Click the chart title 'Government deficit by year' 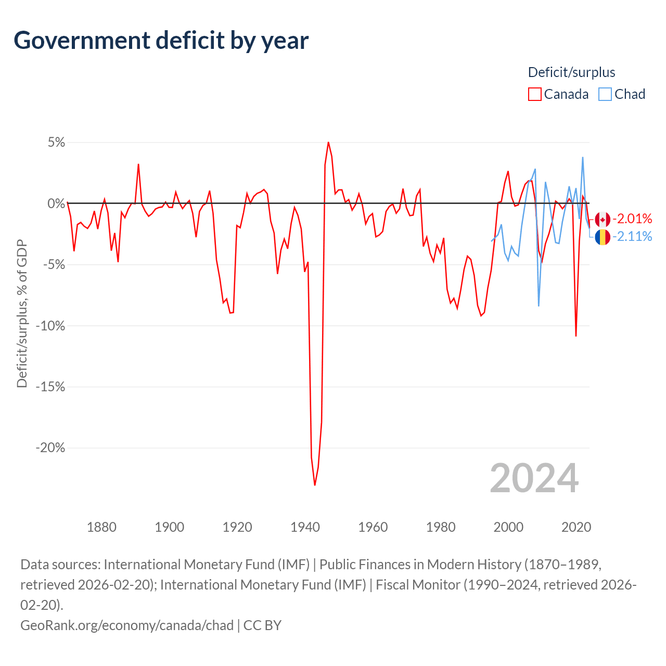[161, 41]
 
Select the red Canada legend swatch [534, 94]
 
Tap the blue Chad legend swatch [605, 94]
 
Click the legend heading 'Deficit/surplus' [571, 72]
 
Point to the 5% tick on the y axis [56, 143]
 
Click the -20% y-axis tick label [50, 448]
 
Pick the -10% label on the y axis [50, 326]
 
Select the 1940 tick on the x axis [305, 527]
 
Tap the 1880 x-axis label [101, 527]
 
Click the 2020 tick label [576, 527]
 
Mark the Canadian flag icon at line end [603, 220]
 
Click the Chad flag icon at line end [603, 237]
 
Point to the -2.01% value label [632, 219]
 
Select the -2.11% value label [632, 237]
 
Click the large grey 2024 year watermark [534, 478]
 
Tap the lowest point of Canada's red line [315, 485]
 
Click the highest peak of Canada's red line [328, 142]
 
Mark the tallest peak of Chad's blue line [583, 157]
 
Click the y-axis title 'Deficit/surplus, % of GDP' [22, 313]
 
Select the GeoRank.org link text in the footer [127, 625]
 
